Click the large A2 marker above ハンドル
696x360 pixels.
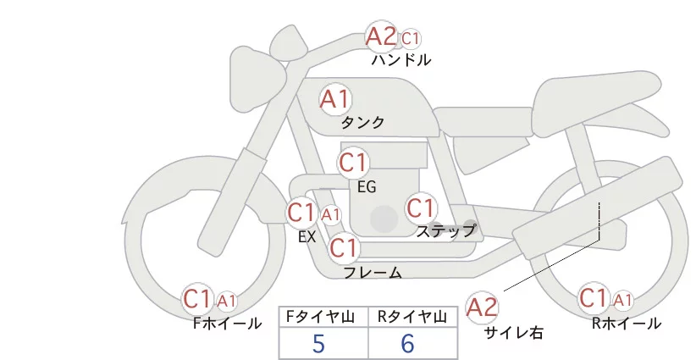[x=381, y=36]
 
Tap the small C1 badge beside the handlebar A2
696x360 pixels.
[x=411, y=38]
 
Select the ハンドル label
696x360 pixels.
[x=401, y=60]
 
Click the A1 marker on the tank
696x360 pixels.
[x=335, y=99]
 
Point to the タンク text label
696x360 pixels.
[x=362, y=123]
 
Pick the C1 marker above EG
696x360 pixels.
[x=353, y=162]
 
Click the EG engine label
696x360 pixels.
[x=367, y=186]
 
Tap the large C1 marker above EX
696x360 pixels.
[x=301, y=212]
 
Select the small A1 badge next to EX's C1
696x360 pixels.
[x=330, y=214]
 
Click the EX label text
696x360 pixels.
[x=307, y=237]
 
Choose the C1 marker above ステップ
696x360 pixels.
[x=421, y=208]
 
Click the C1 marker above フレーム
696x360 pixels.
[x=344, y=248]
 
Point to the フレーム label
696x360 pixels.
[x=373, y=273]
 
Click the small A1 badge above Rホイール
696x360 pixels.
[x=622, y=300]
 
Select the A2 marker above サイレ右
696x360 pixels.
[x=483, y=307]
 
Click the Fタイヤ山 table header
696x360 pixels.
[x=324, y=317]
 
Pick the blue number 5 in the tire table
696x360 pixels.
[x=318, y=344]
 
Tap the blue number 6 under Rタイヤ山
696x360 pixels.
[x=407, y=344]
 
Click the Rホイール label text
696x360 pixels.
[x=627, y=324]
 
